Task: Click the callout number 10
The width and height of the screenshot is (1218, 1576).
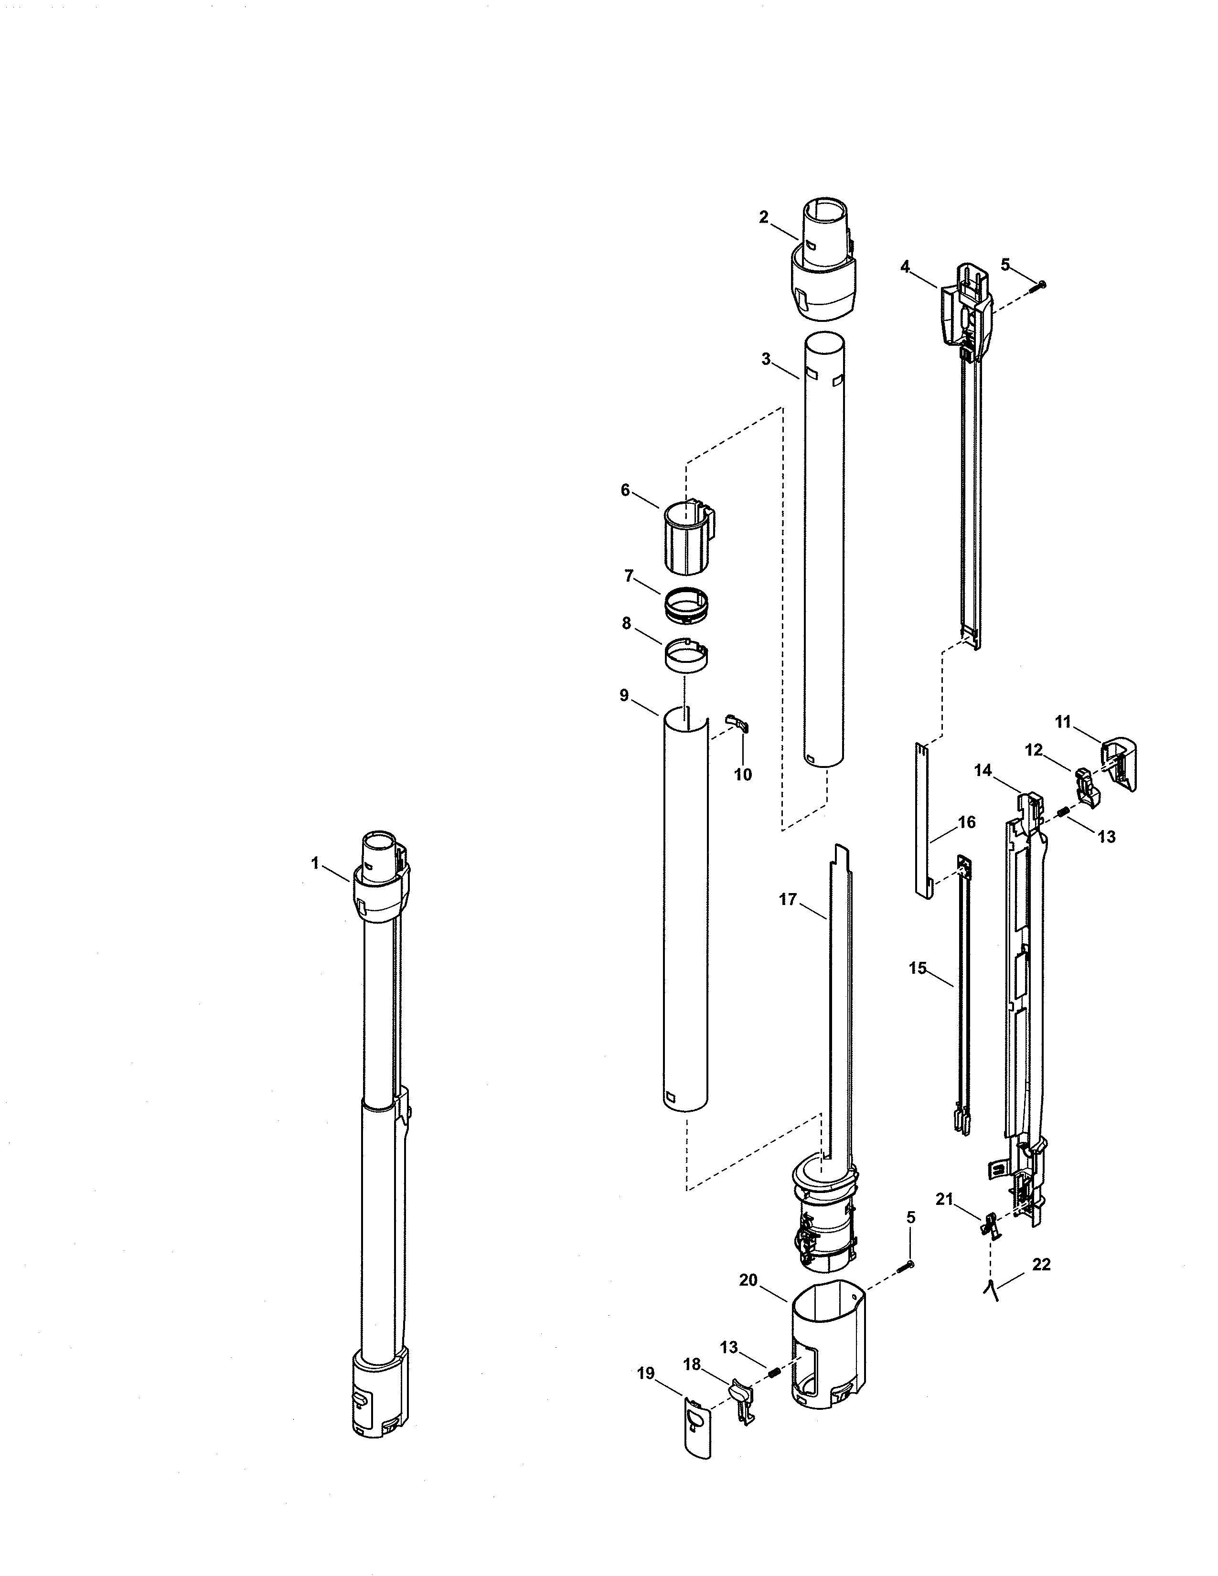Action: (742, 775)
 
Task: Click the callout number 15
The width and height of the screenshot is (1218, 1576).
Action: (917, 969)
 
